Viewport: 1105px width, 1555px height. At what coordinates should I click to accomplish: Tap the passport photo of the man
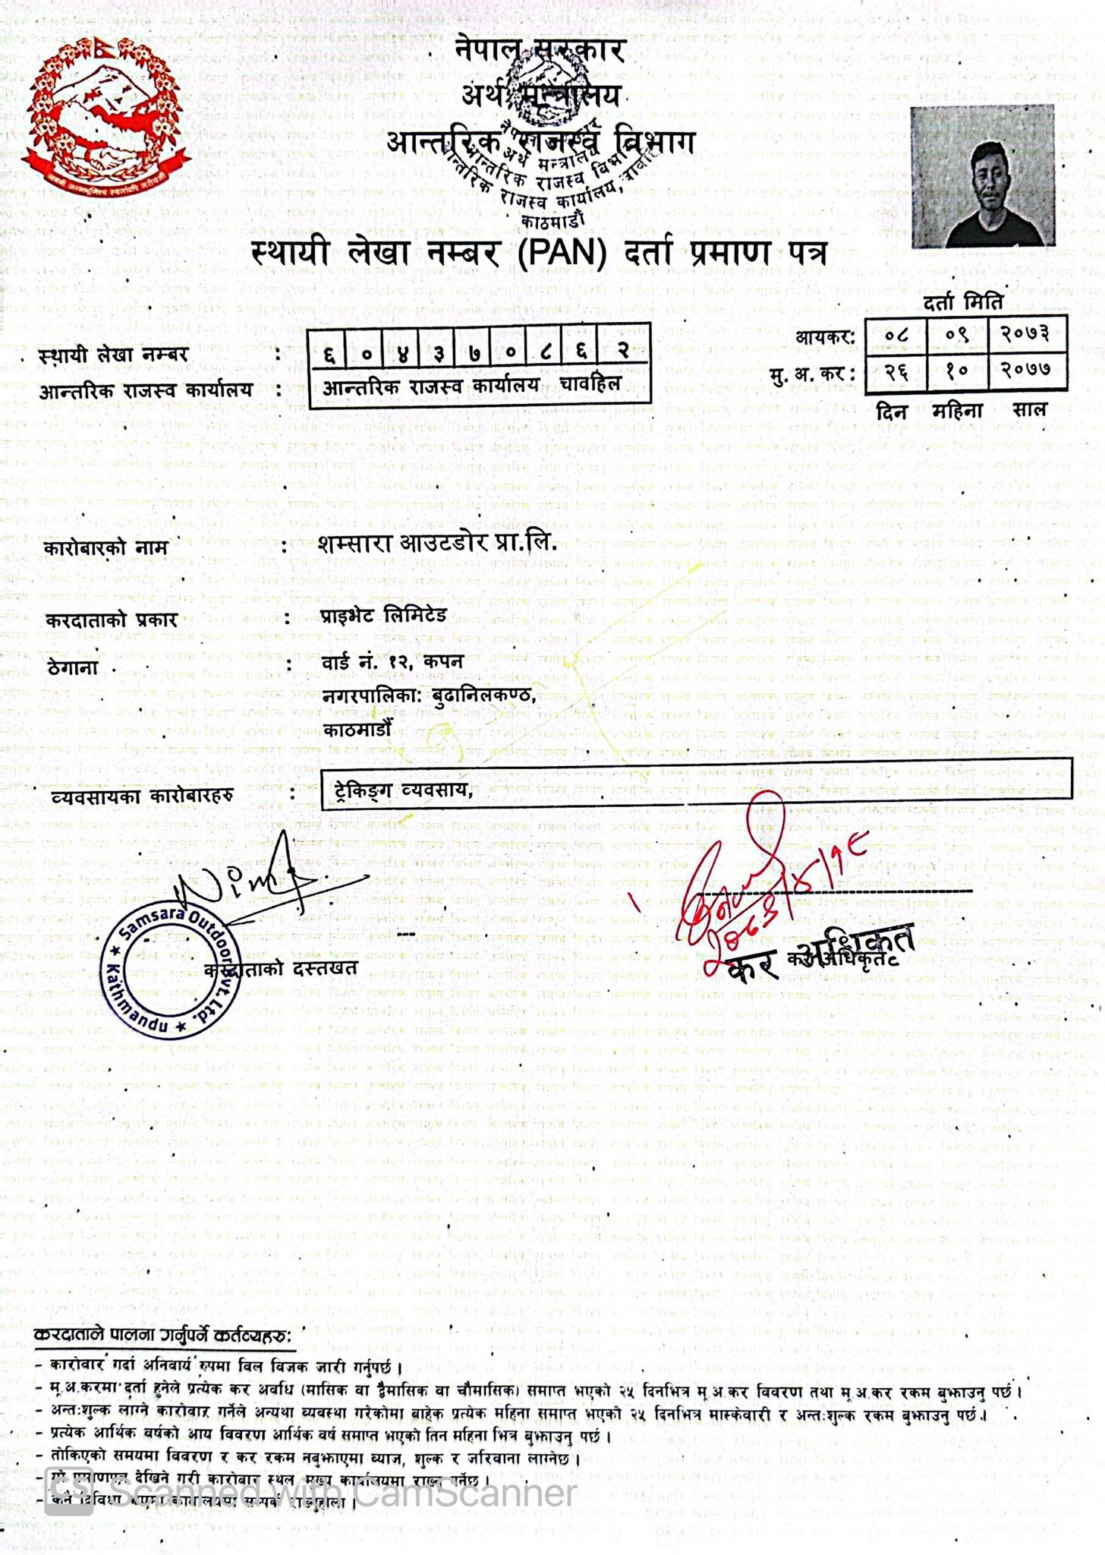coord(983,176)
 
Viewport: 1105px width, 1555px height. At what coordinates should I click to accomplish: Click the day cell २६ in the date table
coord(896,371)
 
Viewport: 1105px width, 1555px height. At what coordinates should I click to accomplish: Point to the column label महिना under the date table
coord(957,411)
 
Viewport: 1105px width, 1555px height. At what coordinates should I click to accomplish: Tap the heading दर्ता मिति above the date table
coord(963,302)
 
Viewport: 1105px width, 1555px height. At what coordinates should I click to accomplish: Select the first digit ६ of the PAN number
coord(328,352)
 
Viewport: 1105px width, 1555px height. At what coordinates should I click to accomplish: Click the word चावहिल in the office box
coord(590,384)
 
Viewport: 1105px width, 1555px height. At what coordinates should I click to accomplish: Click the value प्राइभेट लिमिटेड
coord(384,614)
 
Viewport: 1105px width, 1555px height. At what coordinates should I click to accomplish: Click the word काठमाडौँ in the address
coord(357,730)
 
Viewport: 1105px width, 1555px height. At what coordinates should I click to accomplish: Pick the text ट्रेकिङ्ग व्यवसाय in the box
coord(403,790)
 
